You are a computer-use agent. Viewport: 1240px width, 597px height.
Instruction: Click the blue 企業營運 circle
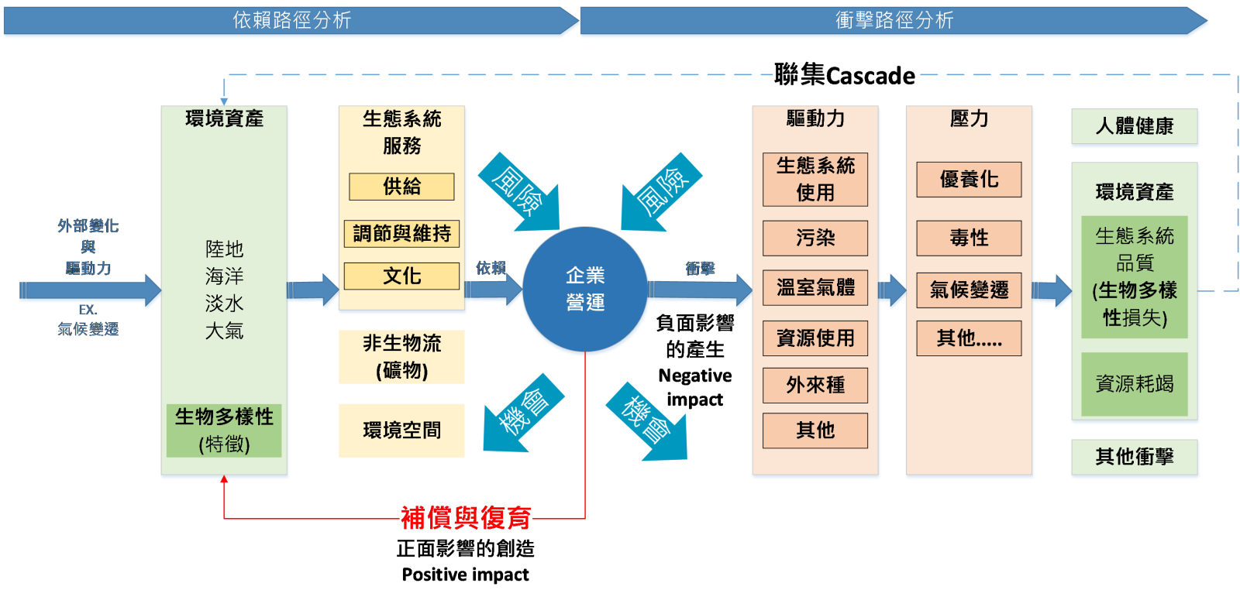tap(585, 290)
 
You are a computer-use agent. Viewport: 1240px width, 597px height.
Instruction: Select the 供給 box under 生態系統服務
tap(401, 187)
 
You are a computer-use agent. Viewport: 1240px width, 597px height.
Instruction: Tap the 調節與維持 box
tap(401, 233)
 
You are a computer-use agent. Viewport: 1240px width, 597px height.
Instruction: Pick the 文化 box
tap(401, 276)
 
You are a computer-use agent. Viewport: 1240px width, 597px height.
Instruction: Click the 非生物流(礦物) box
tap(401, 357)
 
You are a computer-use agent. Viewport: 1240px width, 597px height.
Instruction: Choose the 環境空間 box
tap(401, 431)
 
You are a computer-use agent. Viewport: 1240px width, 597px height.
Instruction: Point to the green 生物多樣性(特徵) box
tap(224, 431)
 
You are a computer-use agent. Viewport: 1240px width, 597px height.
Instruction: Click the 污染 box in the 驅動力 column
tap(815, 238)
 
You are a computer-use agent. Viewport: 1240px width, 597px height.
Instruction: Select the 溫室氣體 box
tap(815, 288)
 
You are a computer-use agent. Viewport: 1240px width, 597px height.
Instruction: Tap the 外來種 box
tap(815, 385)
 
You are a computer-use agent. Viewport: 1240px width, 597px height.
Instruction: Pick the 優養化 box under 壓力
tap(969, 180)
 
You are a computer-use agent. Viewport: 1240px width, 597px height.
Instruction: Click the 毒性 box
tap(969, 238)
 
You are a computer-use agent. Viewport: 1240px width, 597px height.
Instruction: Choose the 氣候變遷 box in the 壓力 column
tap(969, 290)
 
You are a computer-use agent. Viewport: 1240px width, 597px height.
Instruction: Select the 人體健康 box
tap(1135, 127)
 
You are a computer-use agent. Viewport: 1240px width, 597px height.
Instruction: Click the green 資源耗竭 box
tap(1135, 384)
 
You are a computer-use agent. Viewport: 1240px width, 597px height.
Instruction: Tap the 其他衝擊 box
tap(1135, 458)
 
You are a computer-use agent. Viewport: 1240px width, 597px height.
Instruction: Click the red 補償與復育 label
tap(466, 518)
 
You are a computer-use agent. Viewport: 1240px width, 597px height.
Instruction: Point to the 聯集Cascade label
tap(844, 75)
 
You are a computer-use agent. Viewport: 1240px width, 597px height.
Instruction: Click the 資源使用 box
tap(815, 338)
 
